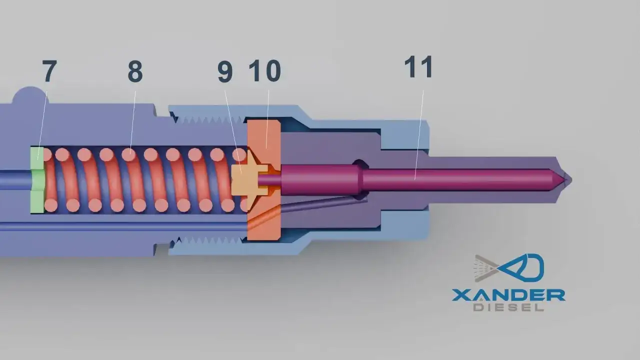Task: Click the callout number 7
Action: coord(49,71)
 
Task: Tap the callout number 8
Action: coord(135,71)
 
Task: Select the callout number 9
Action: coord(225,72)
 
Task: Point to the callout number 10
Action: coord(265,71)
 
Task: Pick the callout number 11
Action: coord(418,67)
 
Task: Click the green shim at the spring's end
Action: coord(37,180)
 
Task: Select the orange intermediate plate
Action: coord(264,180)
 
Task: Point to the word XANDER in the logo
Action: coord(508,295)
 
